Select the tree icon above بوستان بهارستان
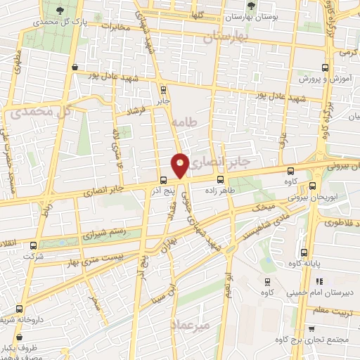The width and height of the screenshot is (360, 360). click(252, 6)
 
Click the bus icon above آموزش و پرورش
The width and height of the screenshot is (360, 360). click(325, 67)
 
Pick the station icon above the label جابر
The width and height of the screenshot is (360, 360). click(163, 89)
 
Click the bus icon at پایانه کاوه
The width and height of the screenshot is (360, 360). click(304, 253)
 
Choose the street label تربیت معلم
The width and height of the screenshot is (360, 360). click(335, 309)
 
